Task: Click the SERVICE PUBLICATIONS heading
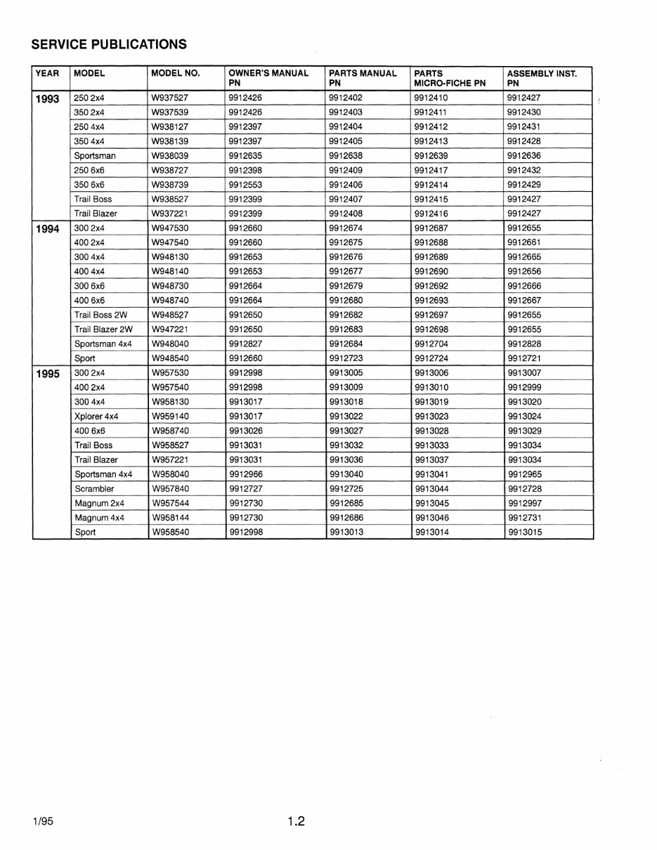click(x=109, y=44)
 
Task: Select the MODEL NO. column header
click(x=176, y=73)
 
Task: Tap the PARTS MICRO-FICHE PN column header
click(x=450, y=78)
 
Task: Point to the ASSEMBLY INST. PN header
click(x=542, y=78)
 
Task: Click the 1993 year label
click(x=47, y=99)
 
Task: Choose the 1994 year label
click(x=47, y=229)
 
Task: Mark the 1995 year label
click(x=47, y=374)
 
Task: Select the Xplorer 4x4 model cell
click(x=96, y=417)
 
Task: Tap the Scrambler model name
click(x=94, y=489)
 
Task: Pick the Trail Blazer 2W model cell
click(x=103, y=329)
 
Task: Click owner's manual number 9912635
click(x=245, y=156)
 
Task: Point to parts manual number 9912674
click(x=345, y=228)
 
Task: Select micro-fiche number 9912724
click(x=431, y=358)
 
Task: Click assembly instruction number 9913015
click(x=525, y=532)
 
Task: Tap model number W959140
click(x=170, y=417)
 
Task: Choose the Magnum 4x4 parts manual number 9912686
click(x=345, y=518)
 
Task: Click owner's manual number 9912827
click(x=245, y=344)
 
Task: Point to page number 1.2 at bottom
click(x=296, y=821)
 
